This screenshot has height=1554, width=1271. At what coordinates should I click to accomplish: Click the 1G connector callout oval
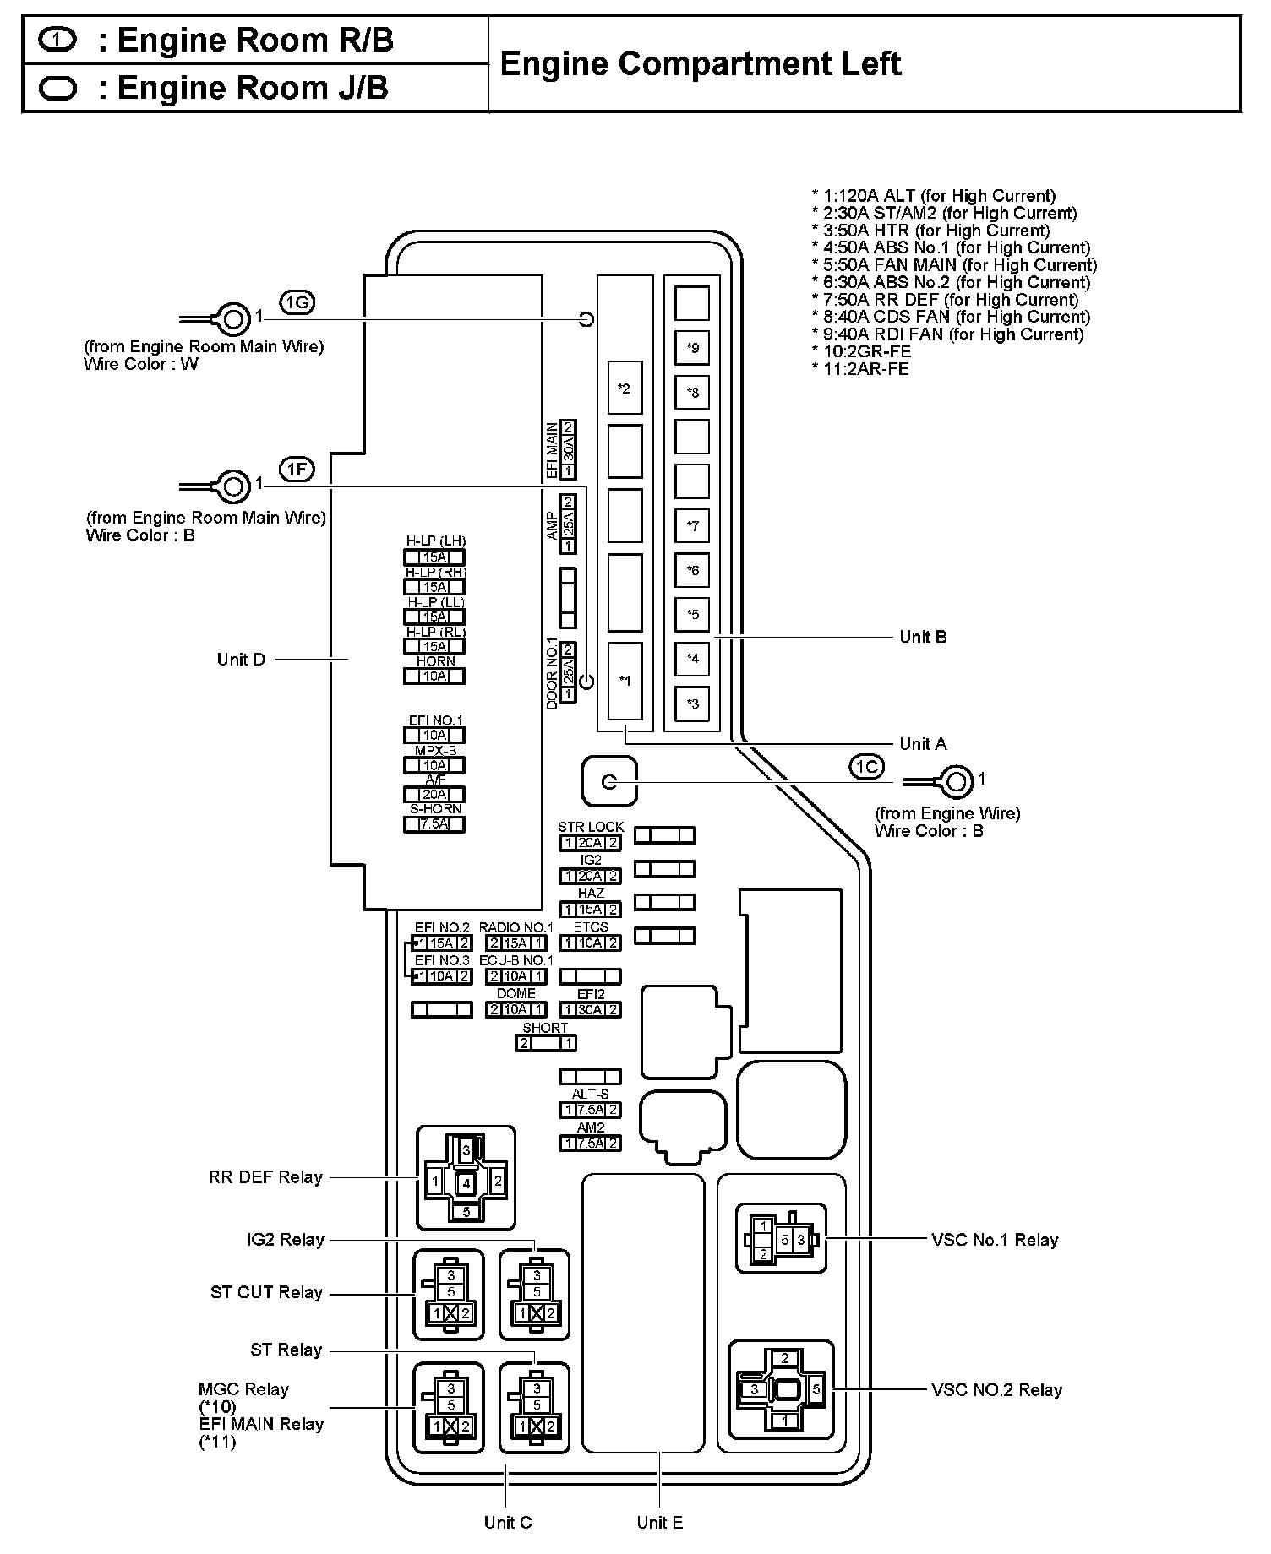point(297,302)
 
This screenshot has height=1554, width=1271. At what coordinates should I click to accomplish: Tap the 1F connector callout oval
point(297,470)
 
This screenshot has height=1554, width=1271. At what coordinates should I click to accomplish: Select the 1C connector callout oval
point(866,766)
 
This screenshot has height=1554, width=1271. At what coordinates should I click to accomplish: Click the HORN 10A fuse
point(434,676)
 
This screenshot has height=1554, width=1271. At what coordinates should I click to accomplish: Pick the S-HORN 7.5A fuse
point(434,824)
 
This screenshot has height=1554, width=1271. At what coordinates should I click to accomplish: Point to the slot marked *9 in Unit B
point(692,347)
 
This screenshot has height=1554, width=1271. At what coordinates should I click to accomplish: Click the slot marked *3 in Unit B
point(692,703)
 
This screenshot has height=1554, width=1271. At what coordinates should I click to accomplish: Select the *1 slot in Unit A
point(625,681)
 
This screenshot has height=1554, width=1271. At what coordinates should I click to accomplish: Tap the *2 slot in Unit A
point(625,388)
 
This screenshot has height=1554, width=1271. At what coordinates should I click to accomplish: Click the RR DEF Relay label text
point(265,1177)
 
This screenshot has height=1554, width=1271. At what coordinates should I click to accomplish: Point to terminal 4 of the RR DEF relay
point(466,1184)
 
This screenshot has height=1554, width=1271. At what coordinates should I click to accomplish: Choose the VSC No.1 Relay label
point(995,1240)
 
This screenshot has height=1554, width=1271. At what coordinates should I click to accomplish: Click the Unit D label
point(241,660)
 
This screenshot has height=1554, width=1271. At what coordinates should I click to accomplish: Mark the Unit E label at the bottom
point(660,1523)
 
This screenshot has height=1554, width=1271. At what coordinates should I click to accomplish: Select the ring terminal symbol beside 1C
point(956,782)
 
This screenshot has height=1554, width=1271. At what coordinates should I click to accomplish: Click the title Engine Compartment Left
point(701,64)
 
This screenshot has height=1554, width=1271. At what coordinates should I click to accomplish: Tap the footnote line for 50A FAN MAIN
point(954,265)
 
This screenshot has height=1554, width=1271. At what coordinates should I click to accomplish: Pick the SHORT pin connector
point(546,1043)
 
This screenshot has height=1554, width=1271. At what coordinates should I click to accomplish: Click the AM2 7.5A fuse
point(590,1144)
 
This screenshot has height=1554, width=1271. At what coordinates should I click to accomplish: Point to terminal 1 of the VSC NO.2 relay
point(785,1421)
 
